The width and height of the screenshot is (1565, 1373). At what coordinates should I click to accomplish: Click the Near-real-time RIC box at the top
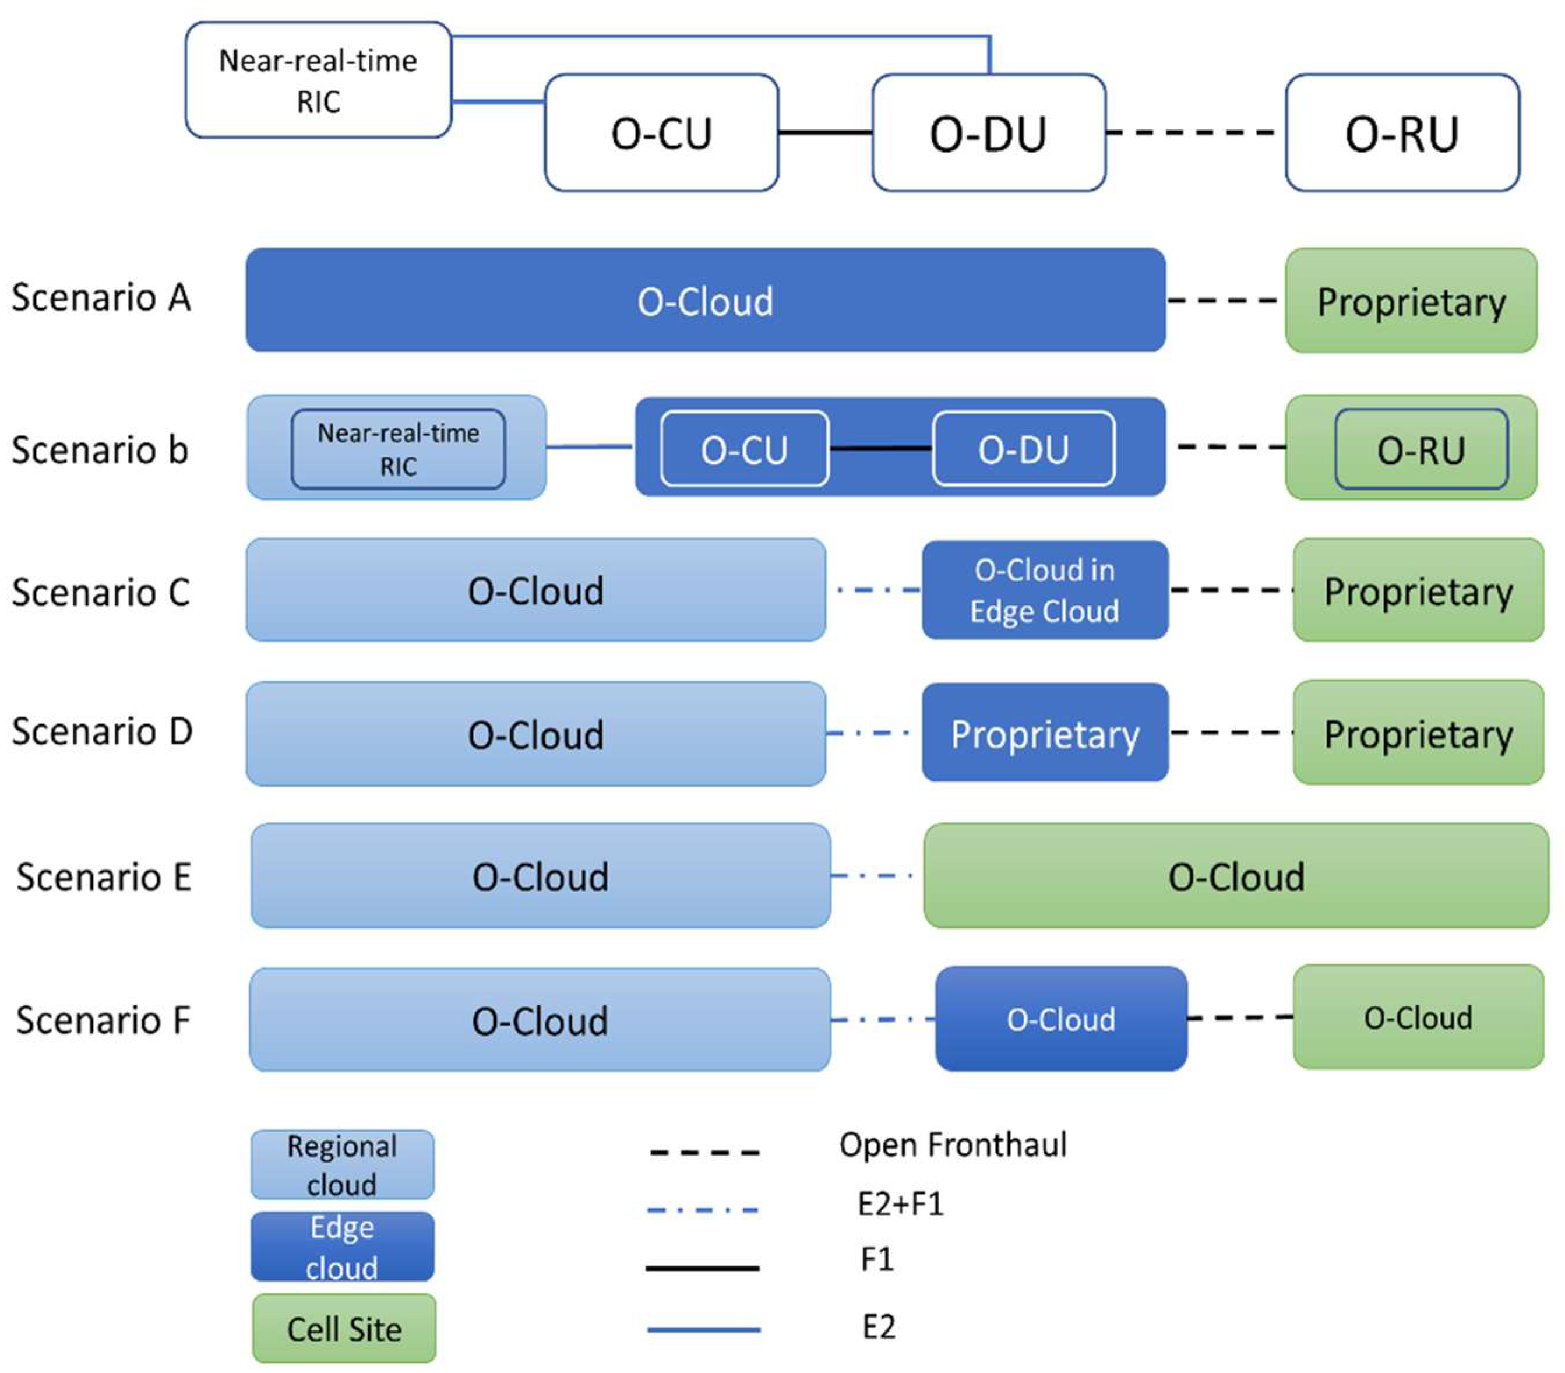coord(318,80)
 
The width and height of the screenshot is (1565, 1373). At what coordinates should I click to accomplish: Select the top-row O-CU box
coord(661,132)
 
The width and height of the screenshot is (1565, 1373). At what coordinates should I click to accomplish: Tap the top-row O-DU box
coord(988,132)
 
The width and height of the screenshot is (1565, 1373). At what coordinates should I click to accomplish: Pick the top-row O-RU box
coord(1402,132)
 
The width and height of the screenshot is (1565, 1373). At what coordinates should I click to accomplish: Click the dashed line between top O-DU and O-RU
coord(1194,132)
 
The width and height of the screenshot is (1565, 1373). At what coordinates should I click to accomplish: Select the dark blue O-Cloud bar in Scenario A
coord(704,300)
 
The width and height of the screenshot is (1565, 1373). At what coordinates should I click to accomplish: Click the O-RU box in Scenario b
coord(1421,449)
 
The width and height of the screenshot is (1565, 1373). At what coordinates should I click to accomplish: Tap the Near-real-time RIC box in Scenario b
coord(398,449)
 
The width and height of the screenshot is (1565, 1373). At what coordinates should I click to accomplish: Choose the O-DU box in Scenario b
coord(1023,449)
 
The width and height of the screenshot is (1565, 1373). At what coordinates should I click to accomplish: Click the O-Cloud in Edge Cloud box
coord(1044,590)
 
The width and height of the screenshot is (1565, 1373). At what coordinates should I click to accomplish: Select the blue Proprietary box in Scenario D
coord(1044,734)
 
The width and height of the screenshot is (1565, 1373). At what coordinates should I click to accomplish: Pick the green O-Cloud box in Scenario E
coord(1235,876)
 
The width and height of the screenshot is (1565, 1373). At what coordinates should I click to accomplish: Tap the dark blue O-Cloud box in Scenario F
coord(1060,1019)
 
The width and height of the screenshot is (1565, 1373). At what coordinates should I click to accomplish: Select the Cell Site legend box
coord(344,1329)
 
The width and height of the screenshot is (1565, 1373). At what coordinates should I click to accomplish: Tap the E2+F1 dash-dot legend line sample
coord(703,1210)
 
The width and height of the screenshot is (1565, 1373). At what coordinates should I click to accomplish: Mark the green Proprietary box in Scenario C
coord(1418,591)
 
